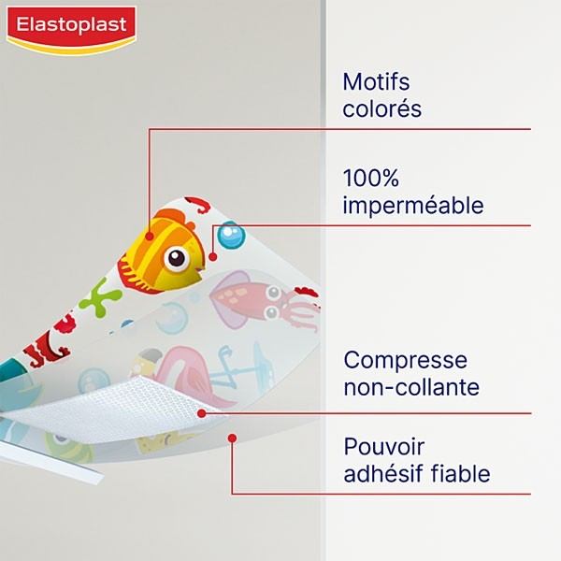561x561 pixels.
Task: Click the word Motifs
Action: coord(377,82)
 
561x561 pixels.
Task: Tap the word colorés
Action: coord(382,109)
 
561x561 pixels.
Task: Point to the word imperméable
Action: coord(412,205)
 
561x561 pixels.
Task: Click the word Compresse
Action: coord(406,360)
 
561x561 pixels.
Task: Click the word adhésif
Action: coord(382,475)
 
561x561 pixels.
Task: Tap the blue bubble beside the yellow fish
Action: coord(231,236)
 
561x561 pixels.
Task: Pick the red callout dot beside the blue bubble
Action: coord(213,256)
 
